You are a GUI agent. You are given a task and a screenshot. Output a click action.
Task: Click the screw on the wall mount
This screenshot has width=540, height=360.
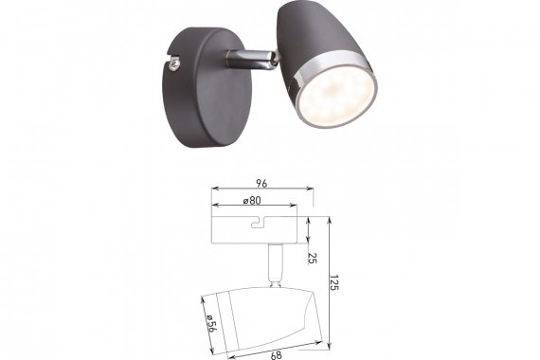click(x=175, y=64)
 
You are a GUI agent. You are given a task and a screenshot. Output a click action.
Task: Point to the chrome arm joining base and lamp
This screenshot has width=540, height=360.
click(x=250, y=60)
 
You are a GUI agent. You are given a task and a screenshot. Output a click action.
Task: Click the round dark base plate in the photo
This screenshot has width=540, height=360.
click(x=207, y=88)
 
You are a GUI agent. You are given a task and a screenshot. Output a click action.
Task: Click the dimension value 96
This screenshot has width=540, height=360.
click(x=261, y=184)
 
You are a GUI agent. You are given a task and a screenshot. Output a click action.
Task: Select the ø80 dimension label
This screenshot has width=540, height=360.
click(x=252, y=201)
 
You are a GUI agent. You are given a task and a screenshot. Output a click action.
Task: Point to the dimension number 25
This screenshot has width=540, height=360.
click(x=312, y=259)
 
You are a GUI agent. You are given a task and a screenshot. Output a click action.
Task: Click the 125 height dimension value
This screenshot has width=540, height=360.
click(x=333, y=282)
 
